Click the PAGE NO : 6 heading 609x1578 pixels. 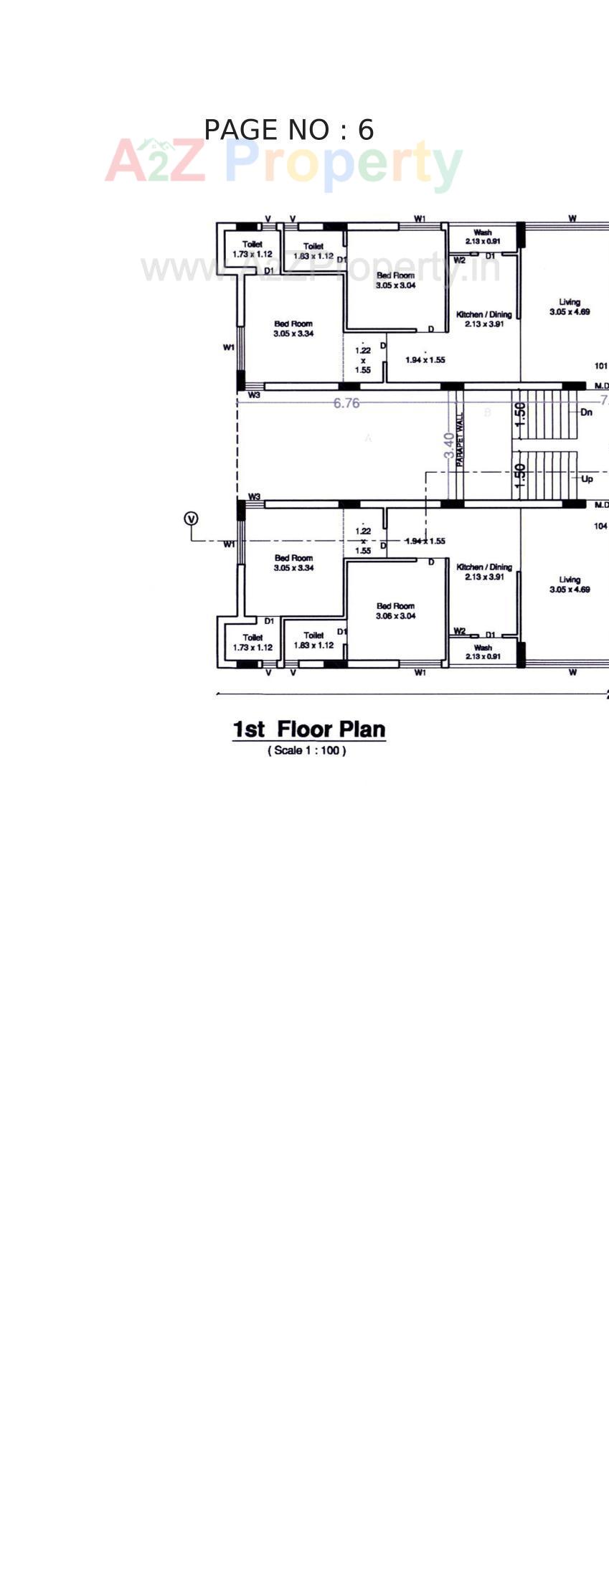point(288,130)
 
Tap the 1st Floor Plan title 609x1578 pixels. point(308,729)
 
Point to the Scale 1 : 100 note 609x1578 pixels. point(307,750)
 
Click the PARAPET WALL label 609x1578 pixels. point(460,440)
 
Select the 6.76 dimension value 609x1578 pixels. point(346,403)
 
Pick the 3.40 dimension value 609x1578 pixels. point(449,445)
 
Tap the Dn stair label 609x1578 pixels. point(586,412)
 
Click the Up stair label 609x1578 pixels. point(587,478)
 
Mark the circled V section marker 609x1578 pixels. point(191,518)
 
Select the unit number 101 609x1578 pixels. point(600,366)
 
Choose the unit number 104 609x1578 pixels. point(600,526)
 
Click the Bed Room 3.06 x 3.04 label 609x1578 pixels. point(395,610)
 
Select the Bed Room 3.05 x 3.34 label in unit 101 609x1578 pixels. point(293,329)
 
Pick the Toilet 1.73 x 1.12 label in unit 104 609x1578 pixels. point(252,642)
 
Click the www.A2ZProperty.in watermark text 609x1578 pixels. point(320,269)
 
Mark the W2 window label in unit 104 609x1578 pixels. point(459,630)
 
